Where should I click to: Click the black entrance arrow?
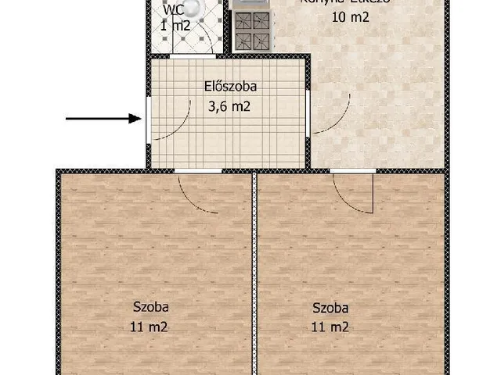point(102,120)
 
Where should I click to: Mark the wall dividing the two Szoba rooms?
point(254,273)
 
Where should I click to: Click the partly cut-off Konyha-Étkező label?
point(344,2)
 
